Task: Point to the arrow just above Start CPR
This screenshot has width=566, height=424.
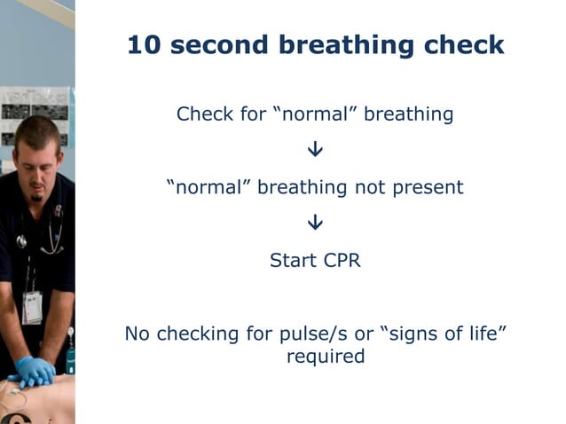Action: pos(315,224)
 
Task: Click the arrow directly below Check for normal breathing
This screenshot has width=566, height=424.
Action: pos(315,151)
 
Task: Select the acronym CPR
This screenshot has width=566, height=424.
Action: pos(340,262)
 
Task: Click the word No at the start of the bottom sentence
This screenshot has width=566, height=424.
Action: pos(136,334)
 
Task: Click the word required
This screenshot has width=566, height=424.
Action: pos(326,357)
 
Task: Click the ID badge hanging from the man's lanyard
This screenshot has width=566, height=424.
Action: pos(32,307)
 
